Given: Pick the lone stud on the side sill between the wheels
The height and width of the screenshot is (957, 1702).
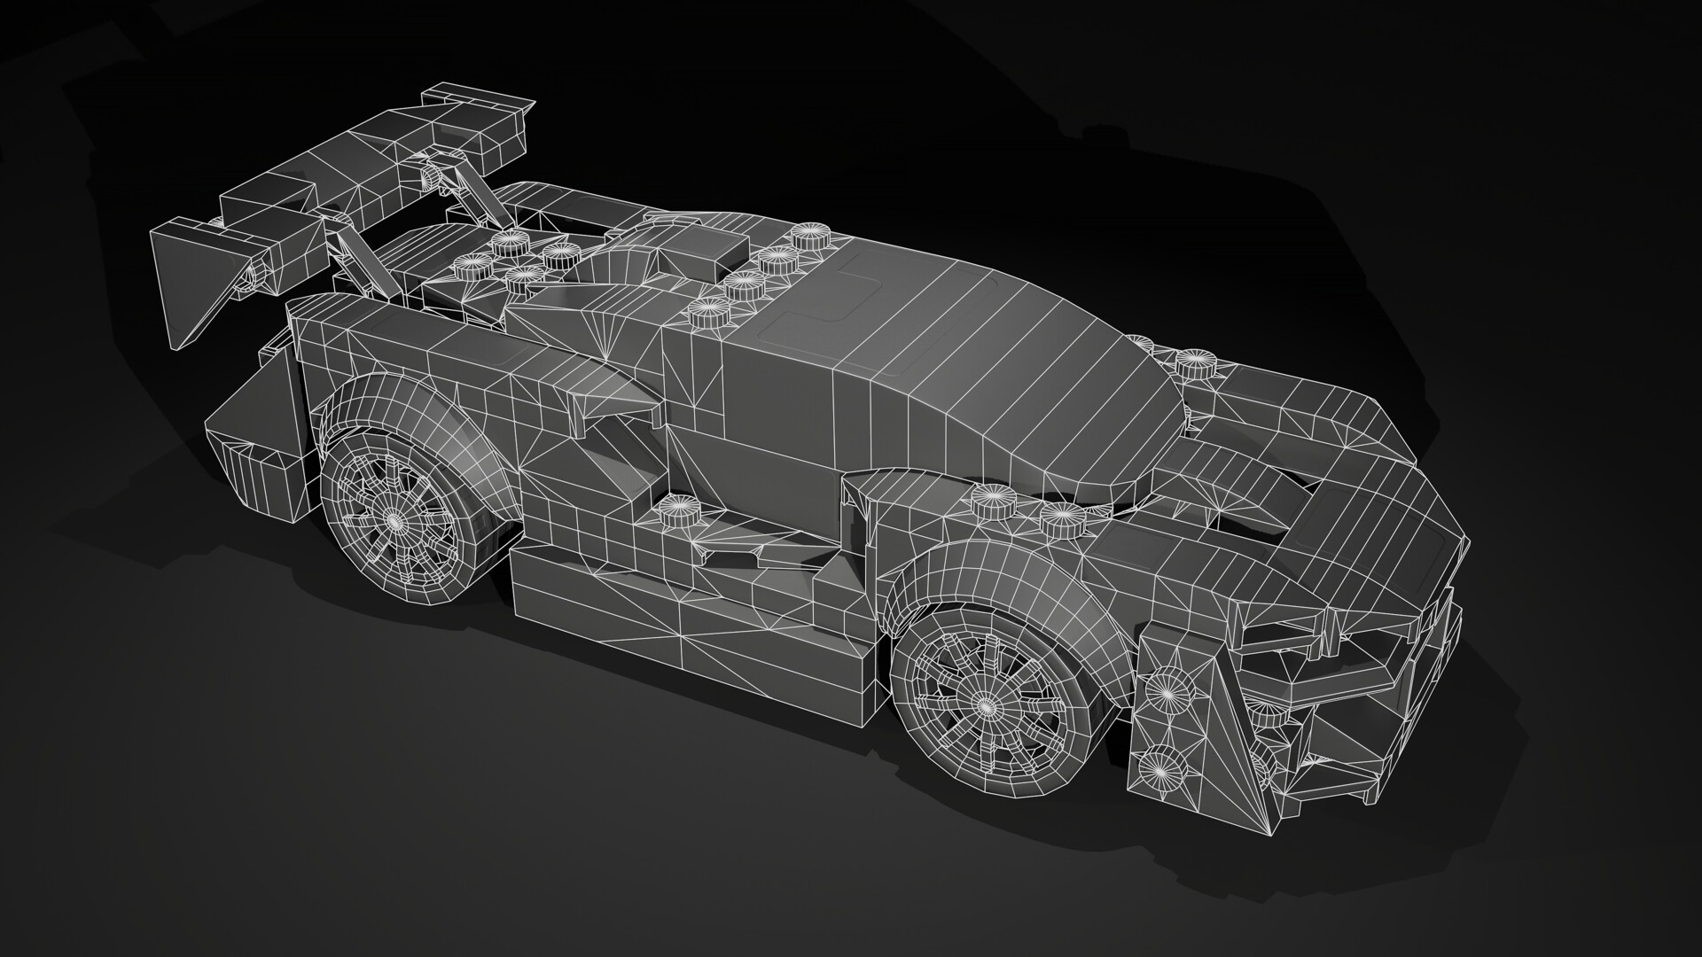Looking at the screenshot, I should tap(676, 512).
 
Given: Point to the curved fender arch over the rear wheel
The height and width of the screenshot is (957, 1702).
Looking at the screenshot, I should tap(399, 399).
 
